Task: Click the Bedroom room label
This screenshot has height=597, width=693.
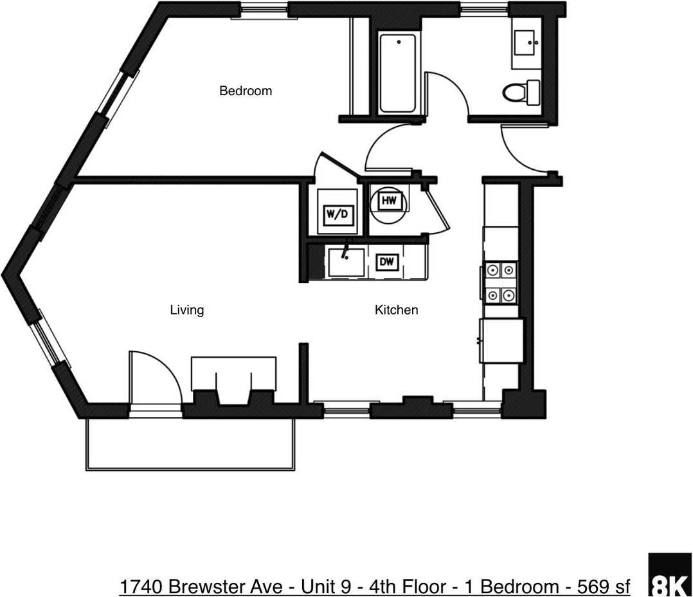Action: coord(246,91)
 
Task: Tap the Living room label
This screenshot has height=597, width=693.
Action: coord(186,310)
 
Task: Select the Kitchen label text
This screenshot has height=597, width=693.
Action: coord(396,310)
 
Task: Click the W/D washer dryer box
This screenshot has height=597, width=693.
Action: coord(336,214)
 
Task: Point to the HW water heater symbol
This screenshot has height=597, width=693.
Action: coord(388,202)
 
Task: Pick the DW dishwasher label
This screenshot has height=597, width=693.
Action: coord(387,262)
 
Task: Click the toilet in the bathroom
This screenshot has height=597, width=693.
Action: coord(521,93)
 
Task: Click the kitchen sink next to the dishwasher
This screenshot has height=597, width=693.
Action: coord(346,261)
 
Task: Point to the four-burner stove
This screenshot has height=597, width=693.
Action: coord(500,282)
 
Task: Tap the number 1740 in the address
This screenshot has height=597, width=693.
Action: coord(140,587)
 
